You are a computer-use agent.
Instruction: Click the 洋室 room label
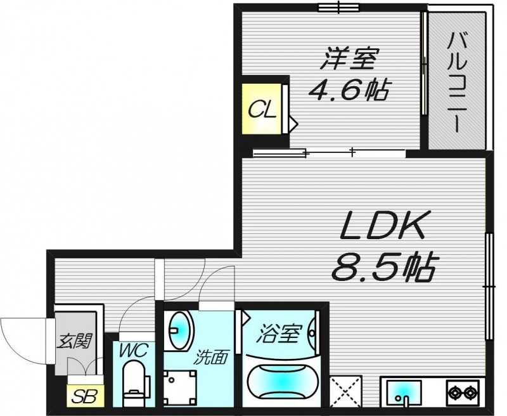coord(348,59)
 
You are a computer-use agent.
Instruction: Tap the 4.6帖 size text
coord(348,91)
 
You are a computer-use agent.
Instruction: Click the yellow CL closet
coord(262,108)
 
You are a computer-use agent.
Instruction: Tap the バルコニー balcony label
coord(457,84)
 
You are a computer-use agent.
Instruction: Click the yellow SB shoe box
coord(86,396)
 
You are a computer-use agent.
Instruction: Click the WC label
coord(134,350)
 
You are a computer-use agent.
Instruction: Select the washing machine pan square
coord(180,388)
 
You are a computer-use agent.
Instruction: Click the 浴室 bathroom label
coord(279,333)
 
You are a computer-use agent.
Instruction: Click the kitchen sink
coord(404,391)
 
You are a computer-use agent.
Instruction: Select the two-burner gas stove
coord(463,392)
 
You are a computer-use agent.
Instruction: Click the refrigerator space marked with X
coord(345,391)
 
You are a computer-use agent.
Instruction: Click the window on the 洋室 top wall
coord(339,7)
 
